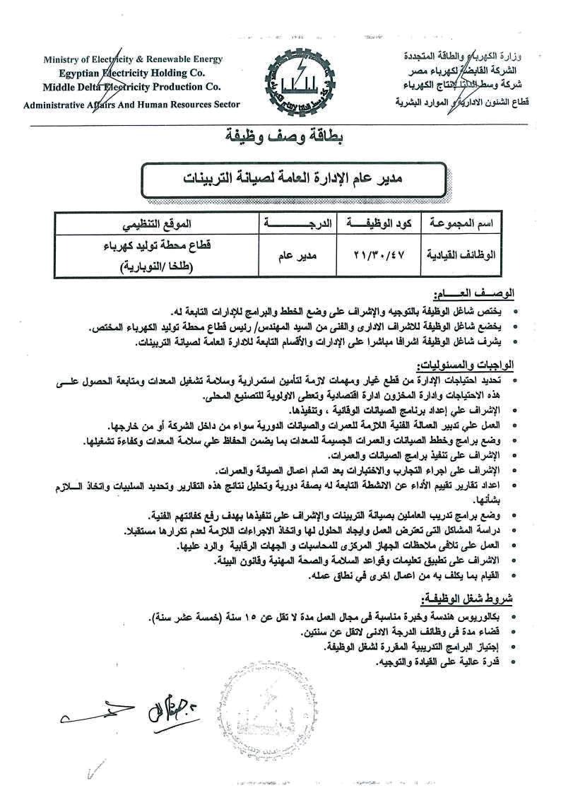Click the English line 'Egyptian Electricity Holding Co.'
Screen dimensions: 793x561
pyautogui.click(x=132, y=73)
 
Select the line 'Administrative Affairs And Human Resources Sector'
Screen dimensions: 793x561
pyautogui.click(x=132, y=104)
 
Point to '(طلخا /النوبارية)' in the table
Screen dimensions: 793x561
pyautogui.click(x=155, y=267)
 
